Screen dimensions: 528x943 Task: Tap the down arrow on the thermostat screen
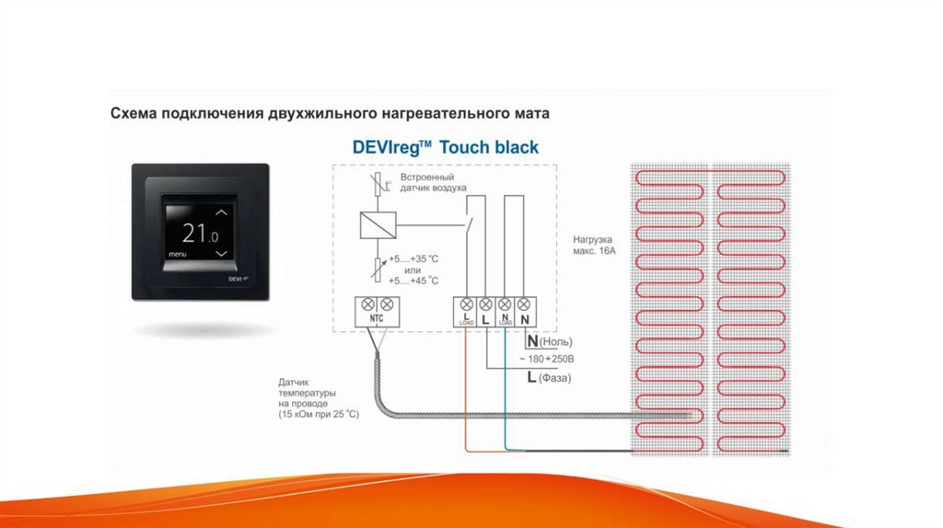pos(219,251)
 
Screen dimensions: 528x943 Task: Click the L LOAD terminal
pos(466,318)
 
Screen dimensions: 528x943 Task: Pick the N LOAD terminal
pos(505,318)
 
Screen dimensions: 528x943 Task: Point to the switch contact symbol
pos(470,223)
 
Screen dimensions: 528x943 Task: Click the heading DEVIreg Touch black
pos(446,147)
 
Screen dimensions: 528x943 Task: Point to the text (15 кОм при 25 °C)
pos(319,415)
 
